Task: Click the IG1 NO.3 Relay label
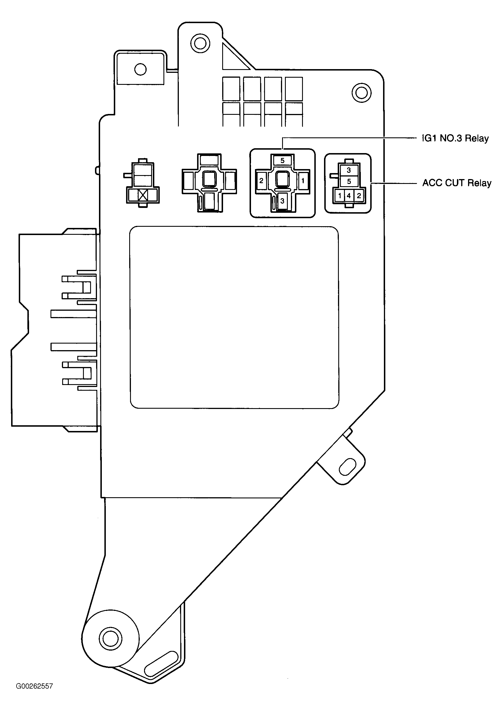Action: point(455,138)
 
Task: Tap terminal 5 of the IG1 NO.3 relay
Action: point(282,161)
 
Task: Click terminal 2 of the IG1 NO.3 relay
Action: point(262,181)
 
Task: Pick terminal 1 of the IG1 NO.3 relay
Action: point(303,181)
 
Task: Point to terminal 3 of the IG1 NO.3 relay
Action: point(282,201)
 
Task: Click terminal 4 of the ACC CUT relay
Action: point(349,196)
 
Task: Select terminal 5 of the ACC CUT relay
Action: point(349,181)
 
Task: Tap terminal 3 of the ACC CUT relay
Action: point(349,170)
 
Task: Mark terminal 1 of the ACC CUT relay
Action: point(340,196)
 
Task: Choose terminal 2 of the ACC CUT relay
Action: point(359,196)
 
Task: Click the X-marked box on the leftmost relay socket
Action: point(143,195)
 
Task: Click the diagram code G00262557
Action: point(34,695)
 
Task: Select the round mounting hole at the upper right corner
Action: point(361,92)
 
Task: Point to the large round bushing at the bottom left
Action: point(110,638)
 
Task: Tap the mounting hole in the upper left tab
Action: point(141,69)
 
